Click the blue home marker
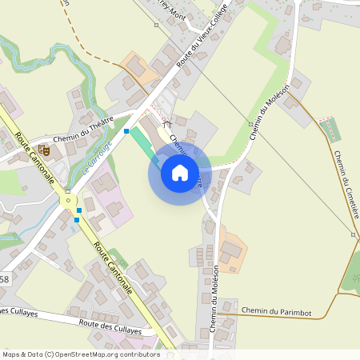coord(180,172)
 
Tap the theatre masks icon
coord(44,149)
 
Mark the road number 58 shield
coord(5,279)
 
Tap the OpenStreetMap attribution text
coord(80,354)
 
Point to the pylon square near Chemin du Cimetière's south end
coord(353,234)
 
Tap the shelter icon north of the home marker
coord(167,123)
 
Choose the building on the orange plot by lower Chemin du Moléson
coord(231,250)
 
